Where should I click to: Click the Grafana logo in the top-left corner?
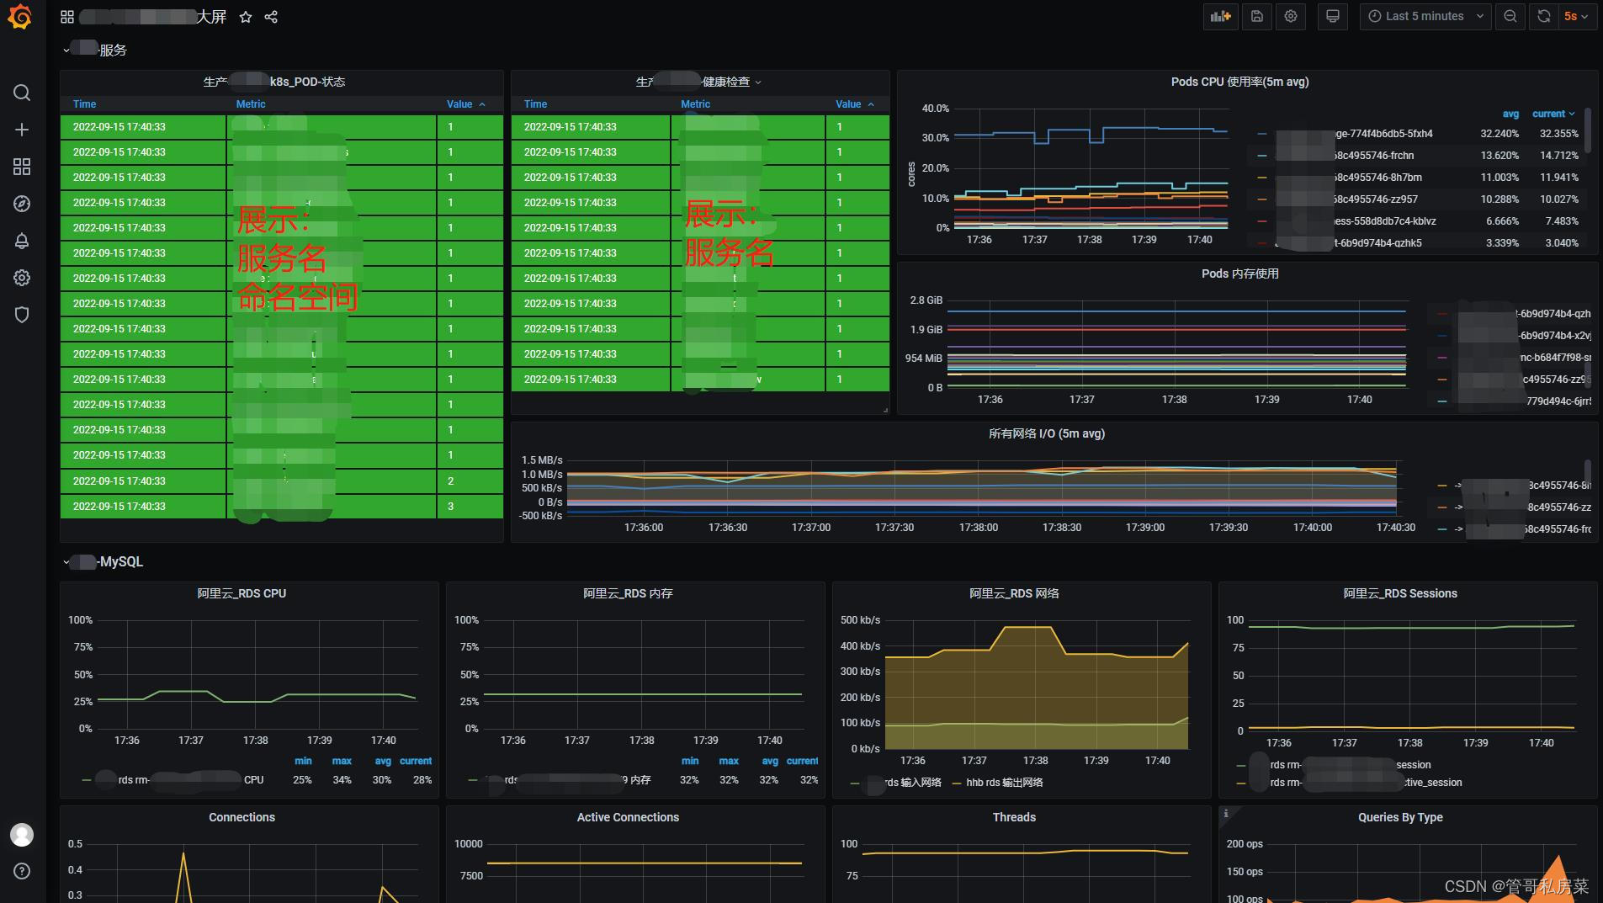(20, 17)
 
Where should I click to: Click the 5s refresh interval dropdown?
(1575, 16)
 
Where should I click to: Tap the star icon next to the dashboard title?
(246, 17)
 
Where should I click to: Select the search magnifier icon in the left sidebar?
(22, 93)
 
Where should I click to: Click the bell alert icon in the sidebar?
(22, 241)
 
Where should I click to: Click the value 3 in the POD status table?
(451, 507)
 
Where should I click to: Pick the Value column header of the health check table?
(848, 104)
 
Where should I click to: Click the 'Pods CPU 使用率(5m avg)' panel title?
(1239, 82)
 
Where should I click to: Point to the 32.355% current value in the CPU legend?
(1558, 134)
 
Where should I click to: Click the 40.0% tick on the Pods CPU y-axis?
(935, 109)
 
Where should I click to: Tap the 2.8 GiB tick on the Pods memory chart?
(926, 300)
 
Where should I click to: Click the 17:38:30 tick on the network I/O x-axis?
(1062, 528)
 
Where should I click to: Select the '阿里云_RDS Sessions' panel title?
(1399, 593)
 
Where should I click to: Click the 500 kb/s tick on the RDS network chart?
(860, 620)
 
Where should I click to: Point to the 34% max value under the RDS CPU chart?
(342, 780)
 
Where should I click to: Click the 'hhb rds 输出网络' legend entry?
(1003, 783)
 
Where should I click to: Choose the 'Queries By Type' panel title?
(1399, 817)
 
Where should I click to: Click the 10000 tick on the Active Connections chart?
(468, 844)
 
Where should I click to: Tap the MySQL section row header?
(120, 561)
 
